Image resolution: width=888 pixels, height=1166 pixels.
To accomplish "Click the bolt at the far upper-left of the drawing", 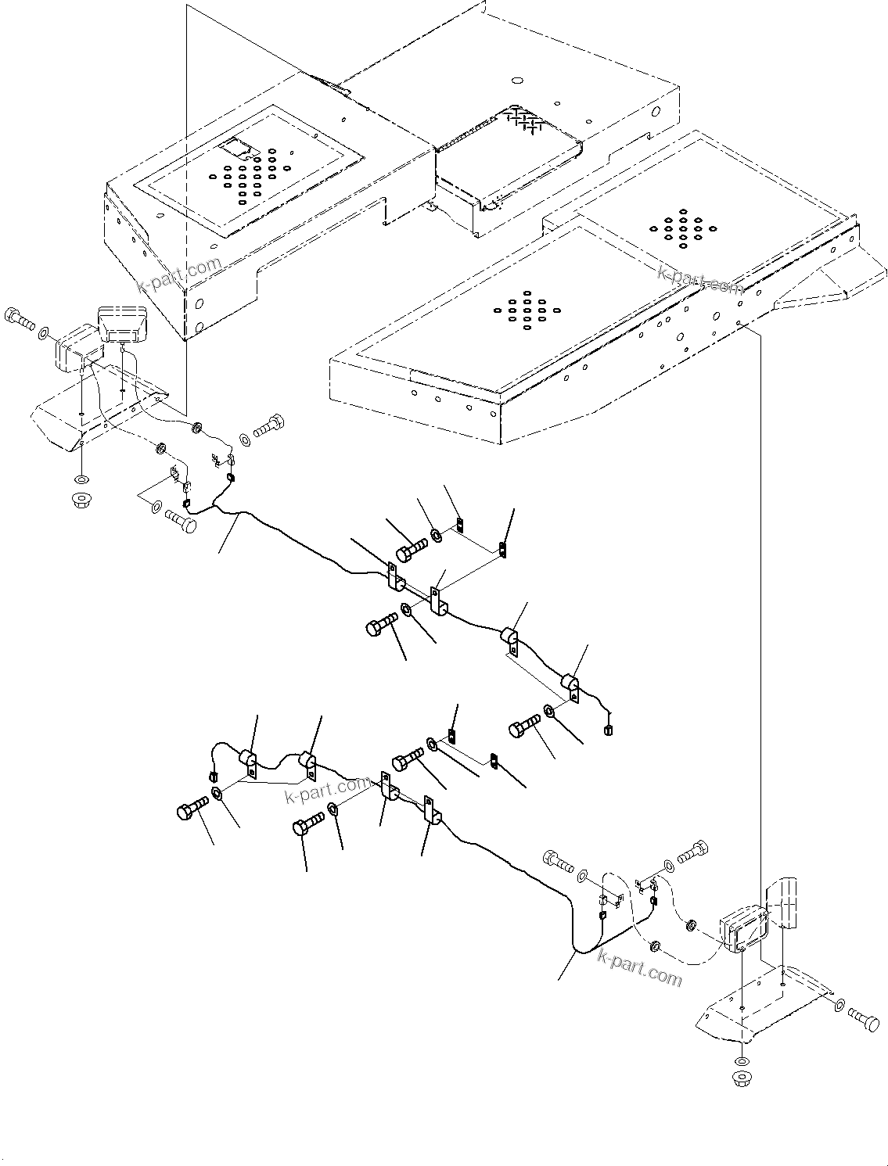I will click(x=19, y=318).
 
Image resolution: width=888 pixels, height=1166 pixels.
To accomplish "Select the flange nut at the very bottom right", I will click(x=741, y=1081).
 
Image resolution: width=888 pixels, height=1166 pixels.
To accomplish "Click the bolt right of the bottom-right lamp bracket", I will click(x=862, y=1017).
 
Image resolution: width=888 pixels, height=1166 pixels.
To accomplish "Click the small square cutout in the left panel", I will click(x=236, y=146).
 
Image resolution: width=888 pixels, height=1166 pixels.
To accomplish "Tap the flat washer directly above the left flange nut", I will click(x=81, y=479).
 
